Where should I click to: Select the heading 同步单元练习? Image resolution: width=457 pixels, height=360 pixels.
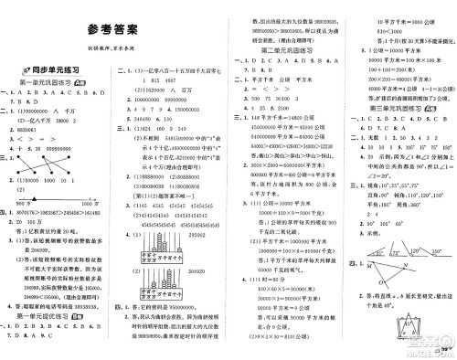tap(46, 69)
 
